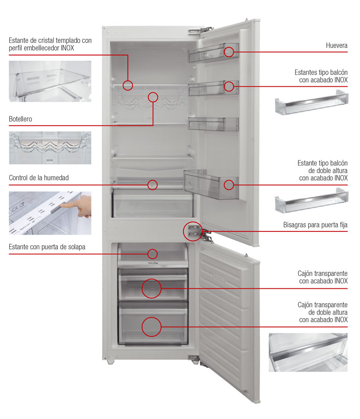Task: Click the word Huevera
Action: (337, 46)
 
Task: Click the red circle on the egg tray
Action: (228, 52)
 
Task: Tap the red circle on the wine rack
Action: (153, 97)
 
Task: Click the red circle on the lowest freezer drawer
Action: (151, 327)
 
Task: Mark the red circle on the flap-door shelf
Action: (152, 254)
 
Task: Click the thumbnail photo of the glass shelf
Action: (50, 81)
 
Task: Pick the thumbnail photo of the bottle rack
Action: (50, 147)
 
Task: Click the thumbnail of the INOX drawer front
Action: (308, 352)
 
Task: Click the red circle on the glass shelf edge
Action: (128, 85)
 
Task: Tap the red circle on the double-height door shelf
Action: (228, 184)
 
